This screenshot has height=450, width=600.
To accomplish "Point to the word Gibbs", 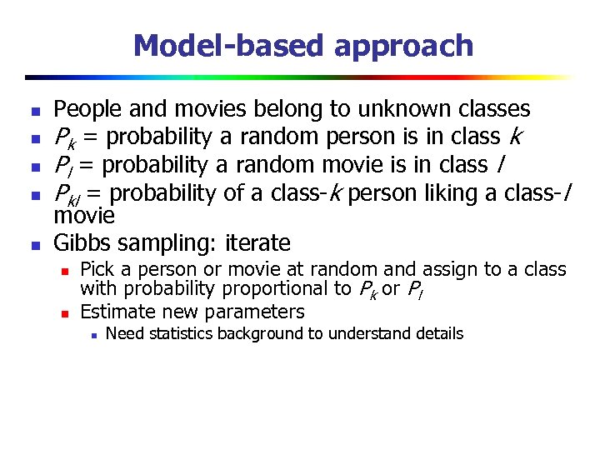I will (x=82, y=243).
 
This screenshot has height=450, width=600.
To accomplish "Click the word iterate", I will (x=257, y=243).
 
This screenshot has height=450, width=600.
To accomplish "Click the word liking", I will (x=453, y=193).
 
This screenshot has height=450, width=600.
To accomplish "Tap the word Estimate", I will (x=116, y=312).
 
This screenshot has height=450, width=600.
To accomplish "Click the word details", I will (x=434, y=334).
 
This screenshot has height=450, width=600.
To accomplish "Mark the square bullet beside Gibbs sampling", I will (x=33, y=246).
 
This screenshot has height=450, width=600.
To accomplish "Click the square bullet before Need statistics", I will (x=95, y=335).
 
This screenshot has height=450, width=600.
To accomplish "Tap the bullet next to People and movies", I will (x=33, y=111).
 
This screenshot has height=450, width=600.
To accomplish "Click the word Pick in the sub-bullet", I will (x=96, y=269).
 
